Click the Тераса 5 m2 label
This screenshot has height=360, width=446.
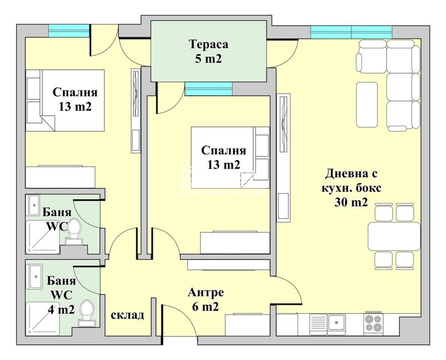(209, 51)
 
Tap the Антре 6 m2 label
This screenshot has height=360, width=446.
(206, 299)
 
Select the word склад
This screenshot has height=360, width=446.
(128, 315)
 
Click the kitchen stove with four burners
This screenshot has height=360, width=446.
(373, 323)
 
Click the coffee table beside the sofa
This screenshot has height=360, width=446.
(367, 105)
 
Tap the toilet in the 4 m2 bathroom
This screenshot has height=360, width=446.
(87, 312)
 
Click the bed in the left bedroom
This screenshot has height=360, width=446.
(65, 100)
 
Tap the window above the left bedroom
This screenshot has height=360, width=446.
(69, 31)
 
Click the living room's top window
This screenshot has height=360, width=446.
(351, 32)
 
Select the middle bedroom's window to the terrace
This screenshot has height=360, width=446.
(208, 88)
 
